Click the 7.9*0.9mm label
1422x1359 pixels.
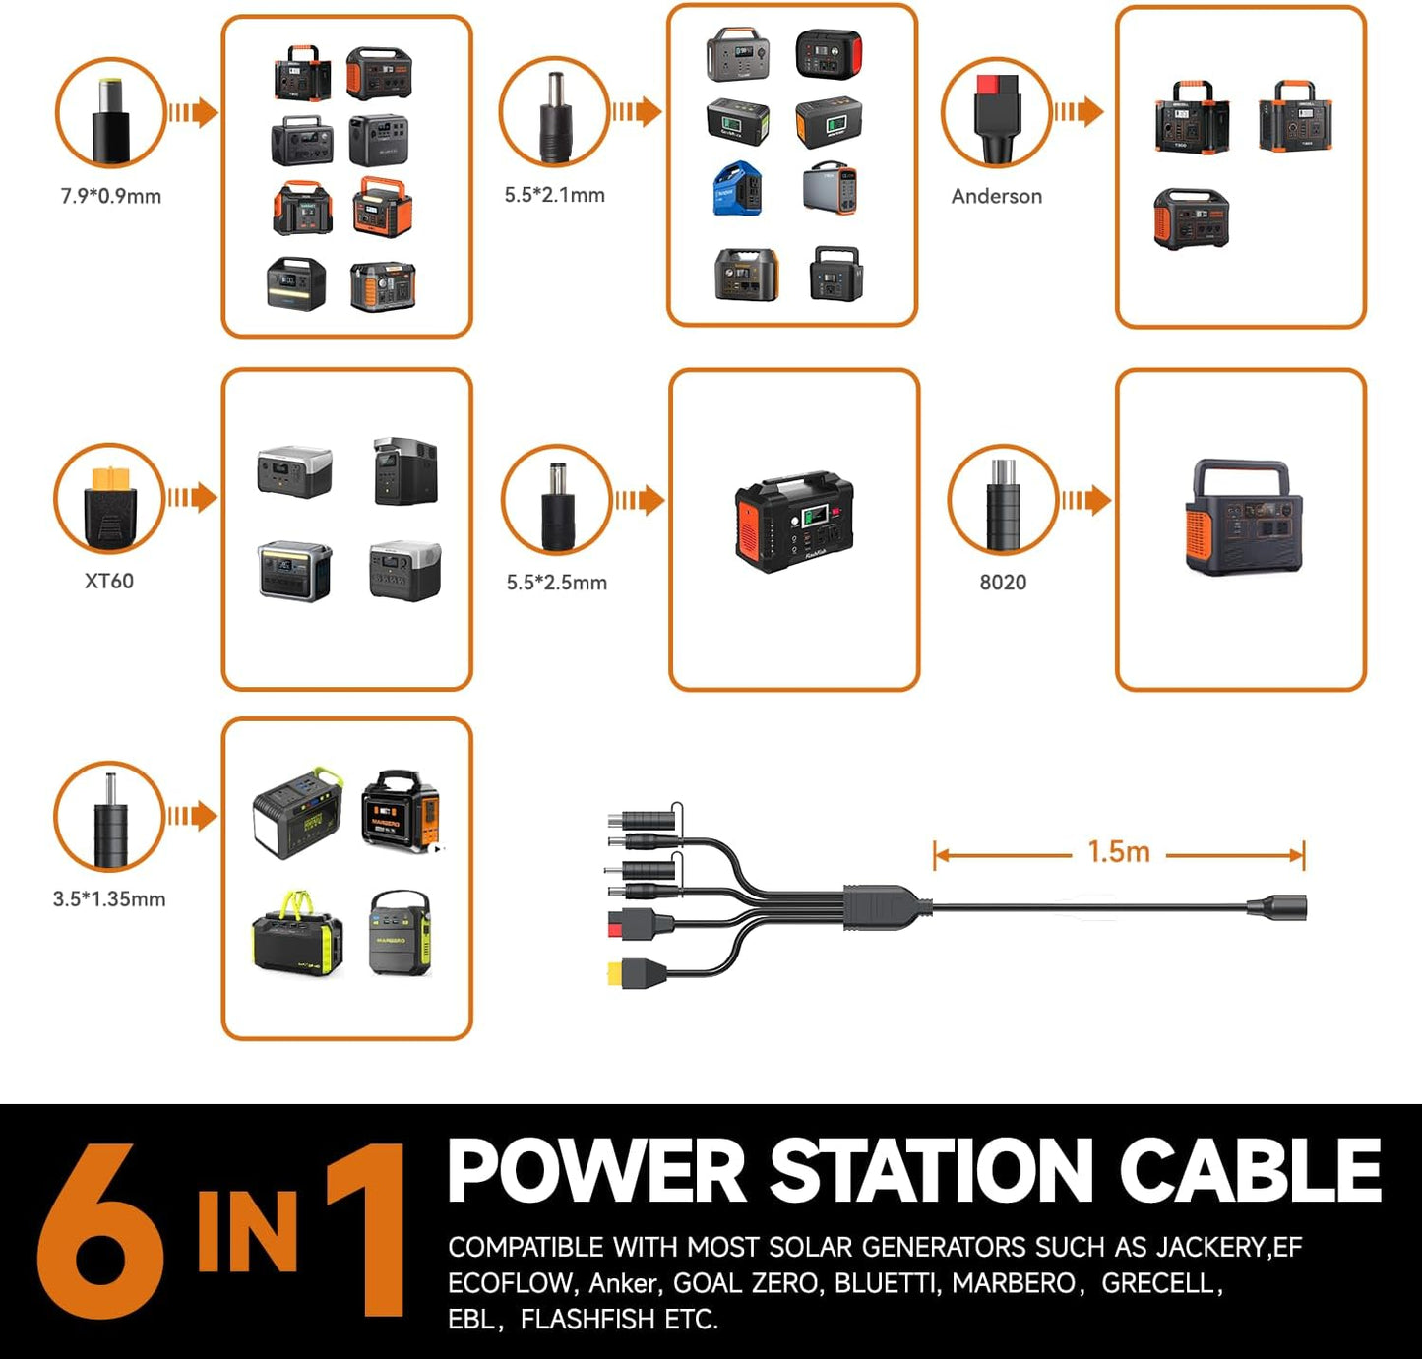[111, 196]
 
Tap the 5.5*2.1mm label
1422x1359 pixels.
[555, 195]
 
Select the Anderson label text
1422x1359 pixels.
[997, 196]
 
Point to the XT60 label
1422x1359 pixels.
[109, 581]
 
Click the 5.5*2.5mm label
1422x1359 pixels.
[557, 583]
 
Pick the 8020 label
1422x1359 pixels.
[1004, 583]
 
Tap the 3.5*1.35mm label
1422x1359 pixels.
[109, 898]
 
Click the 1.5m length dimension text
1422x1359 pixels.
[1119, 852]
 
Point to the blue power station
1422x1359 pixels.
[737, 189]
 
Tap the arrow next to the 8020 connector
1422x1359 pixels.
[1086, 501]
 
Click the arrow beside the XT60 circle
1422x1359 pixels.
[193, 498]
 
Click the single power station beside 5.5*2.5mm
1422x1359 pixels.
[794, 522]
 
